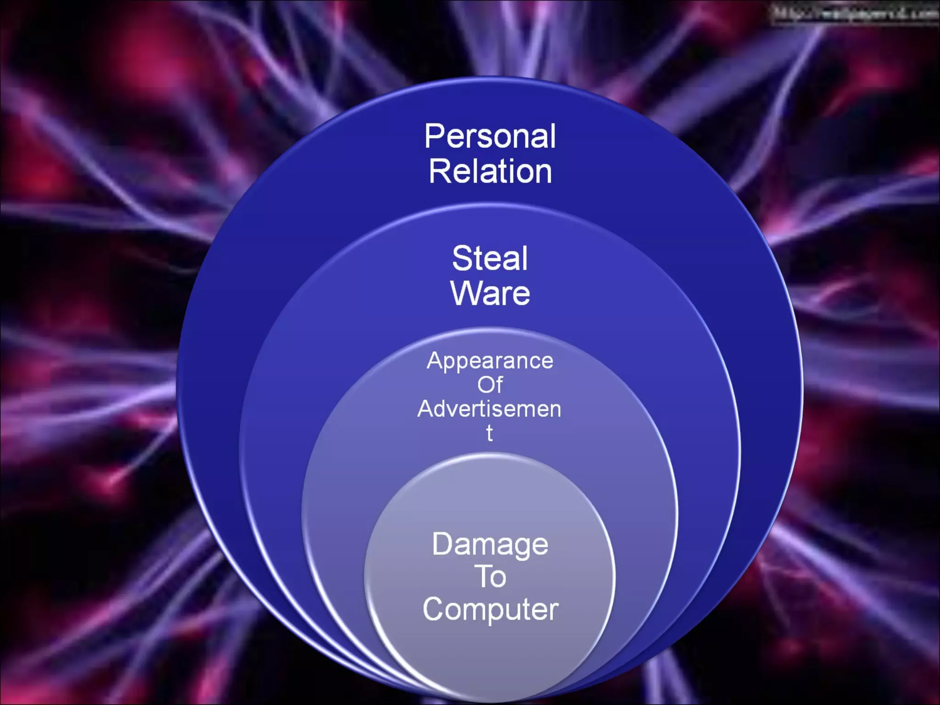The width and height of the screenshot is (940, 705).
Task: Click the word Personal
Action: pyautogui.click(x=490, y=137)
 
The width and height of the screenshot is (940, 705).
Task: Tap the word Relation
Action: pyautogui.click(x=490, y=172)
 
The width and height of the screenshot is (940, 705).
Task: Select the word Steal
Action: pyautogui.click(x=490, y=258)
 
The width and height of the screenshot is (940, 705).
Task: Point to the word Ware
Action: pyautogui.click(x=490, y=293)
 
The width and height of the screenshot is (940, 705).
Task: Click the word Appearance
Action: pyautogui.click(x=490, y=361)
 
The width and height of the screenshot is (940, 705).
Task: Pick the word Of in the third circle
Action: pyautogui.click(x=490, y=385)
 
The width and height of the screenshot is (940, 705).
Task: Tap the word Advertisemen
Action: pyautogui.click(x=489, y=408)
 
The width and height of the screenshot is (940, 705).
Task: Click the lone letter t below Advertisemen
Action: pyautogui.click(x=490, y=433)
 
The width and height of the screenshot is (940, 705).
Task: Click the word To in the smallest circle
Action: pyautogui.click(x=490, y=576)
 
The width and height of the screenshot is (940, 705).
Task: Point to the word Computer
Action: pyautogui.click(x=490, y=609)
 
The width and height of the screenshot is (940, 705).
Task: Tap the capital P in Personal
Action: pyautogui.click(x=435, y=136)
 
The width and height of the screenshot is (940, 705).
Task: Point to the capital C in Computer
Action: pyautogui.click(x=434, y=609)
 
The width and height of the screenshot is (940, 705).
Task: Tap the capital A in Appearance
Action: pyautogui.click(x=435, y=360)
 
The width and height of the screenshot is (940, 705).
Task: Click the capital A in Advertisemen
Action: pyautogui.click(x=425, y=408)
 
